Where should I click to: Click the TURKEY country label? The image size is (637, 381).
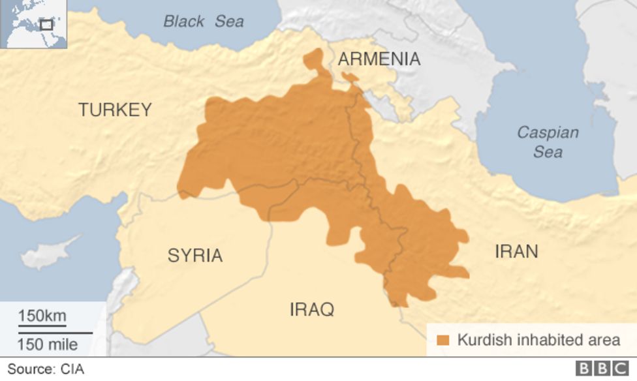tap(115, 110)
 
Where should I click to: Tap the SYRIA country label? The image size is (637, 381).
tap(194, 256)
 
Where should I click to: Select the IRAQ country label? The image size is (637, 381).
tap(311, 309)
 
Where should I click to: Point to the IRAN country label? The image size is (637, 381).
tap(516, 251)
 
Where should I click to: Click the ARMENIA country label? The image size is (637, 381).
tap(379, 59)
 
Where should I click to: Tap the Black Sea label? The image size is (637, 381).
tap(203, 22)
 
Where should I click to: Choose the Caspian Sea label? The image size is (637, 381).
tap(547, 142)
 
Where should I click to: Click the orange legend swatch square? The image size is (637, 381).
tap(443, 340)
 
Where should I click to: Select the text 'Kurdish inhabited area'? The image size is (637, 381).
tap(538, 340)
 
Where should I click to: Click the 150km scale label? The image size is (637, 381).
tap(42, 316)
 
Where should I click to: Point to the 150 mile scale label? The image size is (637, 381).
tap(47, 344)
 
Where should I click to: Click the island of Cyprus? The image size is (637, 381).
tap(49, 253)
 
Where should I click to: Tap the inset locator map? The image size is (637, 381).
tap(34, 24)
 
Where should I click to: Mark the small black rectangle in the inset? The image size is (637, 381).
tap(46, 25)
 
